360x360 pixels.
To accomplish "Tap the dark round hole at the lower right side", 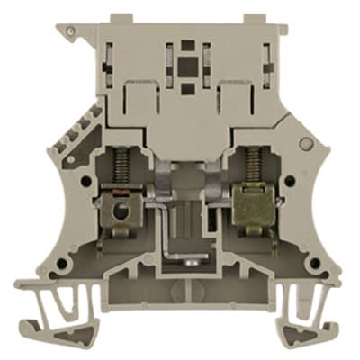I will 301,265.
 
